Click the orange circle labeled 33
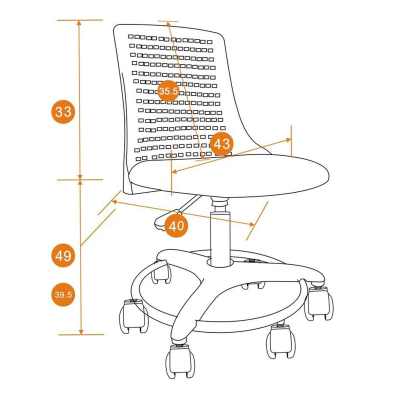[63, 112]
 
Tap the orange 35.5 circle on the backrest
[168, 91]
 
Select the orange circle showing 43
[222, 144]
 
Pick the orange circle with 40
[176, 226]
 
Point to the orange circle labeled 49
[63, 256]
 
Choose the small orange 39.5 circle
[63, 295]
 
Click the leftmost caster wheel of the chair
[134, 316]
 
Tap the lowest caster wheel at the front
[180, 361]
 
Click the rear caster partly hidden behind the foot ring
[161, 272]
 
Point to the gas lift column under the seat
[220, 232]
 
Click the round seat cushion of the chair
[229, 176]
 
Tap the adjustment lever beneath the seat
[177, 212]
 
